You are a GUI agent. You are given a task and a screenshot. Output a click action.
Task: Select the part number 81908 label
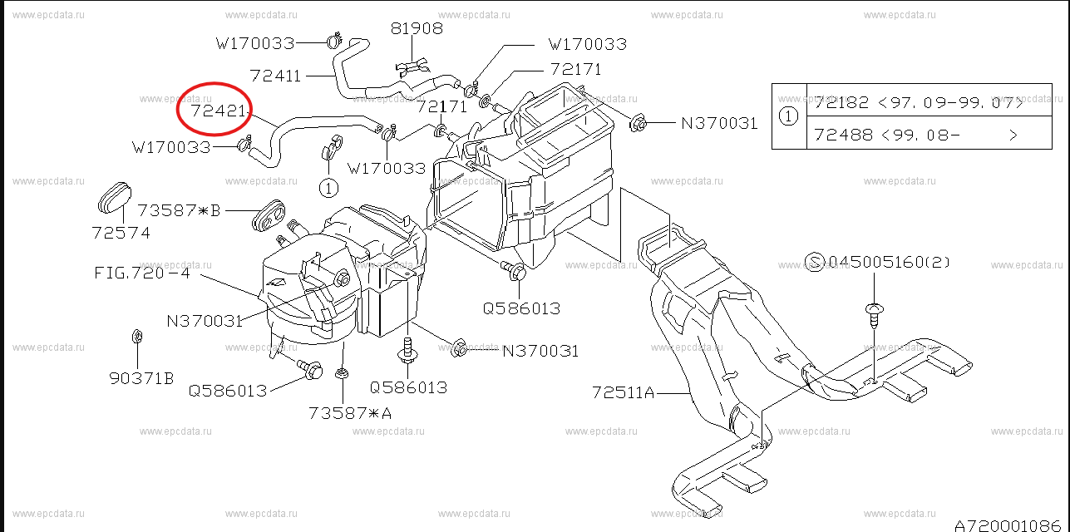click(417, 28)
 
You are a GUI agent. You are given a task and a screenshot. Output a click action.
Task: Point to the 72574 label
click(121, 233)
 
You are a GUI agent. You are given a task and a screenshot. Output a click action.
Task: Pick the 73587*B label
click(179, 210)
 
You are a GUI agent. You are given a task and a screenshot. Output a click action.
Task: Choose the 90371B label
click(141, 378)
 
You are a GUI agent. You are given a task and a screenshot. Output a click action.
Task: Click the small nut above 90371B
click(136, 338)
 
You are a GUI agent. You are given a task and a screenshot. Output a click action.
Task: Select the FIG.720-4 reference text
click(141, 273)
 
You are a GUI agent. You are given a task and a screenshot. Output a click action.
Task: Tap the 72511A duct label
click(624, 392)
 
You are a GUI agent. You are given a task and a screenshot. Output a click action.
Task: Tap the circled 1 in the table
click(789, 117)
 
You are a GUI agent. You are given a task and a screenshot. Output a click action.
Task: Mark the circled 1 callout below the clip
click(328, 189)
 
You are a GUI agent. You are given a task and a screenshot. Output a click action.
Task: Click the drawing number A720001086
click(1010, 525)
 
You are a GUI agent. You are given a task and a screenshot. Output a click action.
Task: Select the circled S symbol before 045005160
click(815, 263)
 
